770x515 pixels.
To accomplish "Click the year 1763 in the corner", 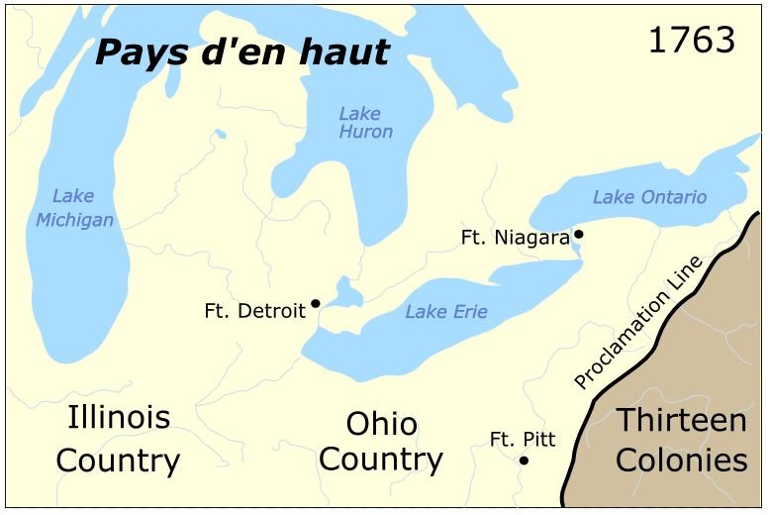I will point(692,41).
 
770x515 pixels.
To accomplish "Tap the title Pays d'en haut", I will point(241,51).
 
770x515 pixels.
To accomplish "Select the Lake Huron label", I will point(365,122).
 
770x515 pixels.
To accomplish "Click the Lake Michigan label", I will point(74,208).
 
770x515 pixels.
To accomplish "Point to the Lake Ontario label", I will point(649,197).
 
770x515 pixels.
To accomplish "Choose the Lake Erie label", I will point(446,312).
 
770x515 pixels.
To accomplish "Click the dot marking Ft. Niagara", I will point(579,235).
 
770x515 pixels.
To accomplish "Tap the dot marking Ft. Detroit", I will point(315,303).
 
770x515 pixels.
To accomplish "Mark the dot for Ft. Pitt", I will point(524,461).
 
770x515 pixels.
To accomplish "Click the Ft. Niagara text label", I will point(515,238).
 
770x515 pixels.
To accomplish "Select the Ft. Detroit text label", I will point(254,311).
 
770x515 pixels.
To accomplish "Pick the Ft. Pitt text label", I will point(523,439).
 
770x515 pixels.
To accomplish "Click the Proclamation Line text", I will point(638,322).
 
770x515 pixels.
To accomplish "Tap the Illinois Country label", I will point(118,439).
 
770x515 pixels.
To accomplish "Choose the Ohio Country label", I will point(381,442).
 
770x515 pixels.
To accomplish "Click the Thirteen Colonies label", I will point(682,441).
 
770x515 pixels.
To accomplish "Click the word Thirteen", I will point(682,420).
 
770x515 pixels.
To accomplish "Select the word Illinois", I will point(118,417).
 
